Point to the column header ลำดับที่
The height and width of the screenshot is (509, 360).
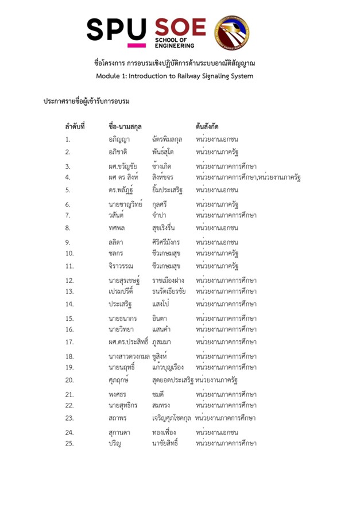75,126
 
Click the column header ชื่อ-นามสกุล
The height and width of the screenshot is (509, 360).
125,126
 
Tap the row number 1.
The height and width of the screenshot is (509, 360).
68,139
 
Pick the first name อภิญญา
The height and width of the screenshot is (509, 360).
119,139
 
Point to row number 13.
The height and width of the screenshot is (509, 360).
69,291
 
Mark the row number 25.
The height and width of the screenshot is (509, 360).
69,443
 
